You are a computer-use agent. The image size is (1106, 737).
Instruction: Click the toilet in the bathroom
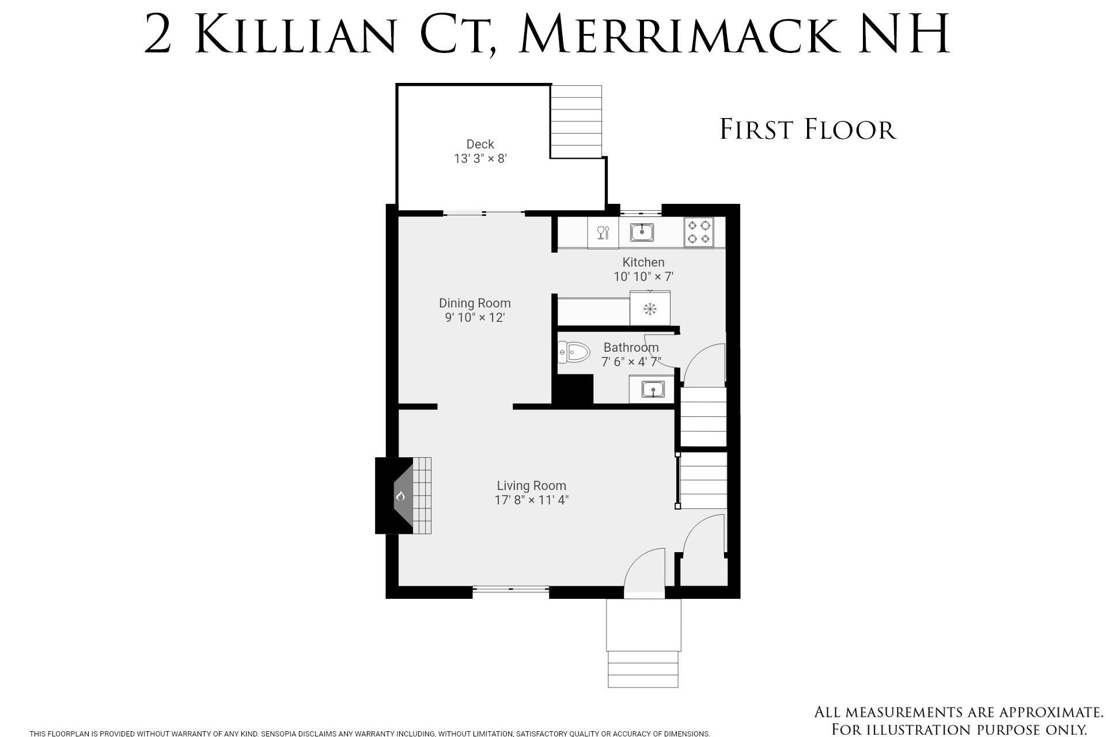(x=574, y=352)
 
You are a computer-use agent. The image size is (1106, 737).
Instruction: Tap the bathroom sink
(x=653, y=390)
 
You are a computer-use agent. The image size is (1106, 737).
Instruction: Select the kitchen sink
(x=642, y=232)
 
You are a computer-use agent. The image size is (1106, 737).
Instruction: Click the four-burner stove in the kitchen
(x=699, y=232)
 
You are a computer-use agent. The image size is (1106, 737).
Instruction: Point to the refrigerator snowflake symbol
(x=650, y=309)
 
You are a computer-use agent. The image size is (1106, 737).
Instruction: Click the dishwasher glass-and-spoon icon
(x=603, y=232)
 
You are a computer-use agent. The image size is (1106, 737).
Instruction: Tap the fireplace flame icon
(x=400, y=496)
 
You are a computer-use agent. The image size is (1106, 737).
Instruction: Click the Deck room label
(x=480, y=144)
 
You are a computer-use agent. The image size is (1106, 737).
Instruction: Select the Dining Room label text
(x=475, y=303)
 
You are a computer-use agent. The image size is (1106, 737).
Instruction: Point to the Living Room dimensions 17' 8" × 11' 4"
(x=532, y=500)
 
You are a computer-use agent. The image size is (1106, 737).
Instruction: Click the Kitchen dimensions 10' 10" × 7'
(x=643, y=276)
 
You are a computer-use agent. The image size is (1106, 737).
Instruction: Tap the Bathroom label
(x=631, y=347)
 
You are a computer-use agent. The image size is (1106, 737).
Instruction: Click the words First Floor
(x=808, y=129)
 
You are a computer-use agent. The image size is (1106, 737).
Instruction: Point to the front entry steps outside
(x=643, y=643)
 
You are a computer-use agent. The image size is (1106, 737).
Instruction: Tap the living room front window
(x=511, y=588)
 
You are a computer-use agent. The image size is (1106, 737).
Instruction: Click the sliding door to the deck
(x=484, y=214)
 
